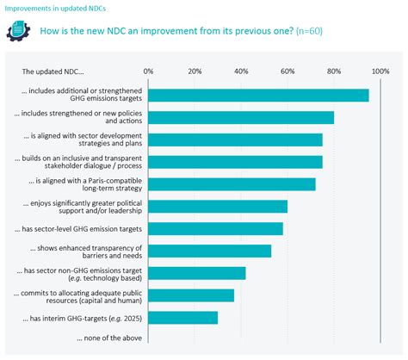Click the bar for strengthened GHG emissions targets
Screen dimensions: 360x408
coord(258,96)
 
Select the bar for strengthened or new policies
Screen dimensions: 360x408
coord(241,118)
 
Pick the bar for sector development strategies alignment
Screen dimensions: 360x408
coord(235,140)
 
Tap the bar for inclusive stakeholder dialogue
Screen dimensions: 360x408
coord(235,162)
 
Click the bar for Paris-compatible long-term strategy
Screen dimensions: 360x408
coord(232,184)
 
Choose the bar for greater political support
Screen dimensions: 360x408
coord(218,207)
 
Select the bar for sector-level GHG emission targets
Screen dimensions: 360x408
coord(215,229)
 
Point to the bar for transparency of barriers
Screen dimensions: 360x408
coord(209,251)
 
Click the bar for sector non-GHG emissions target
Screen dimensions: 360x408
coord(197,273)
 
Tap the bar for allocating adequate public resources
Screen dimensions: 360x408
coord(191,295)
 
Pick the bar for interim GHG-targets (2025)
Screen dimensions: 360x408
coord(182,318)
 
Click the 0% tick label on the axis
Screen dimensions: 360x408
coord(148,71)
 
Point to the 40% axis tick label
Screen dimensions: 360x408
coord(241,71)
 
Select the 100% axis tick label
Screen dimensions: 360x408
coord(380,71)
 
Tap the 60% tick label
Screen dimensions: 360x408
coord(287,71)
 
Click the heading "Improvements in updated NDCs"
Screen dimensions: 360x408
coord(52,8)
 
